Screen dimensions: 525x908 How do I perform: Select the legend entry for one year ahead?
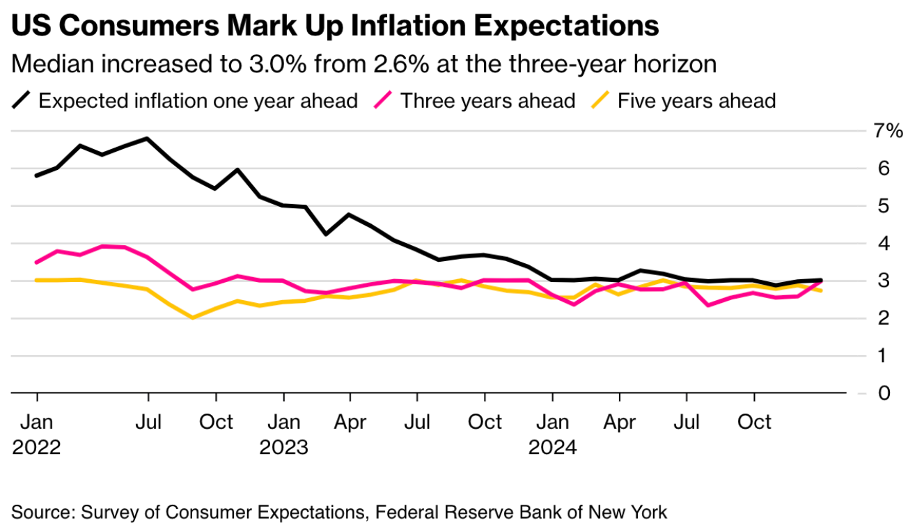(198, 101)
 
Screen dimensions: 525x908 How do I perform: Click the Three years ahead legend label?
(487, 101)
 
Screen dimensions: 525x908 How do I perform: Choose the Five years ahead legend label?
(696, 101)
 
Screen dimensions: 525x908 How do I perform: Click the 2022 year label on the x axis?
(36, 447)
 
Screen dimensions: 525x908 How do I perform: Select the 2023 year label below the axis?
(283, 447)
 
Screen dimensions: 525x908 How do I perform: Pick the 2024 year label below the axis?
(552, 447)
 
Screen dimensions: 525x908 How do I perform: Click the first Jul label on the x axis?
(148, 422)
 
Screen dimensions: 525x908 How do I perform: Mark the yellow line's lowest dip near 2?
(192, 318)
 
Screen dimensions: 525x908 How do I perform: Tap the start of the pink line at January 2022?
(36, 262)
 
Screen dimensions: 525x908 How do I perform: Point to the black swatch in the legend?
(22, 101)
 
